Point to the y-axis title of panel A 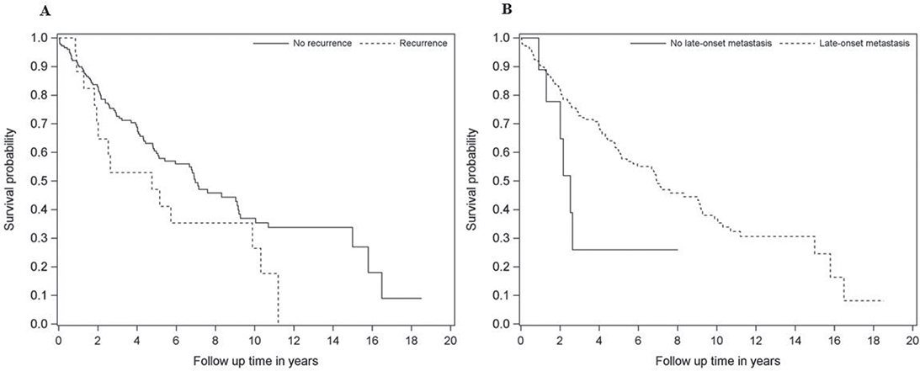[x=11, y=181]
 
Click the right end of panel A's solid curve [x=420, y=298]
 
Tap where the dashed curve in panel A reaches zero [x=278, y=323]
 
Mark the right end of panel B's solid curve [x=677, y=249]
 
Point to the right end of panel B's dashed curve [x=882, y=300]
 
